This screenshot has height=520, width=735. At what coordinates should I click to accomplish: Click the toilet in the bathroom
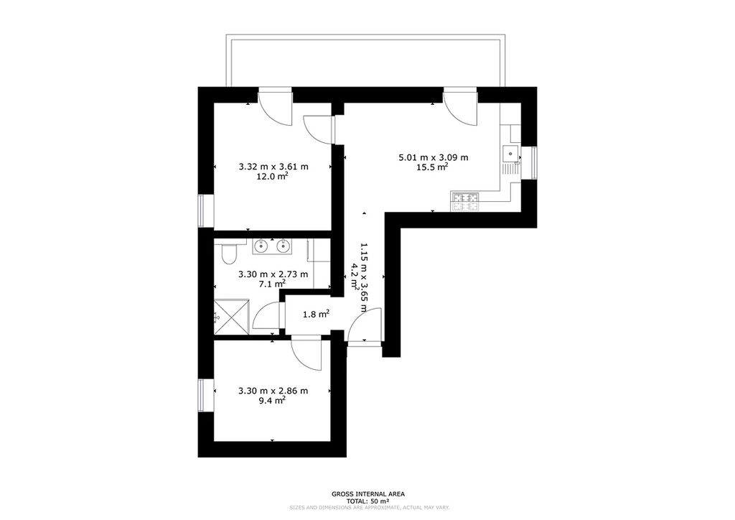[230, 254]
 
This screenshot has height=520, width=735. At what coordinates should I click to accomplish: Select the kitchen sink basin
[510, 154]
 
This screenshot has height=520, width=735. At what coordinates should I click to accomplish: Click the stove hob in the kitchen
[465, 202]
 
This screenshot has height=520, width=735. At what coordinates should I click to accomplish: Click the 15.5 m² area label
[432, 167]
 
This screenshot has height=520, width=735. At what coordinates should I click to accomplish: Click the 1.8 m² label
[316, 314]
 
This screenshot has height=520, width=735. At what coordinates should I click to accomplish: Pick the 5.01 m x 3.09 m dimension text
[433, 157]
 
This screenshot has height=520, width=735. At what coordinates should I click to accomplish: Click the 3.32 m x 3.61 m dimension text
[273, 167]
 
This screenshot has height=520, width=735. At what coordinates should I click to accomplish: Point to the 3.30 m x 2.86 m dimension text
[273, 391]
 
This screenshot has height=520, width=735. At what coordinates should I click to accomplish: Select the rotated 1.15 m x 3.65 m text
[363, 277]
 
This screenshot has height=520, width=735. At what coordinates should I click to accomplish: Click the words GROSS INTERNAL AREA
[368, 493]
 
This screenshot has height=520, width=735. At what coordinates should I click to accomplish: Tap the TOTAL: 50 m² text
[368, 501]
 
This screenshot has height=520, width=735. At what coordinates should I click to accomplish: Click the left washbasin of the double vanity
[261, 246]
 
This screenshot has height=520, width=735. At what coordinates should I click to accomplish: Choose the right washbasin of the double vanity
[283, 246]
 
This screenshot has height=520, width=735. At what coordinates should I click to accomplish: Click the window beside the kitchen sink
[533, 163]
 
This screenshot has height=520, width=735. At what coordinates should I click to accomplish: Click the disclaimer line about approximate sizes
[370, 508]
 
